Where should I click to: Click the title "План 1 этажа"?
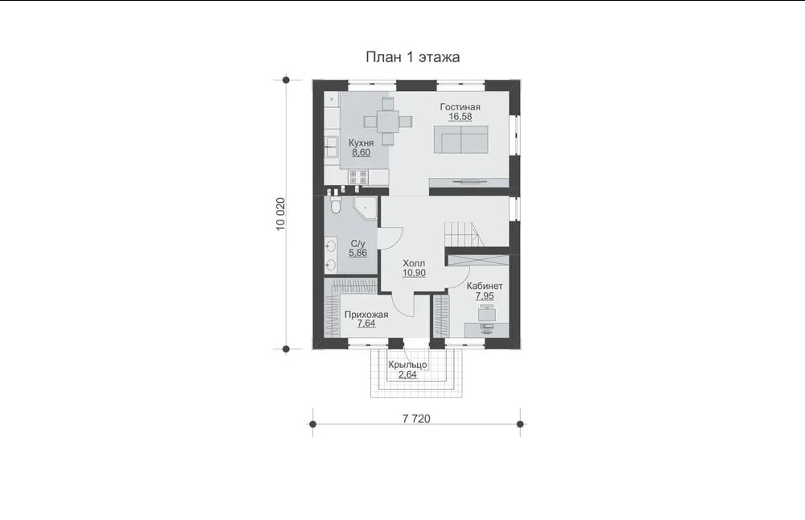pyautogui.click(x=412, y=57)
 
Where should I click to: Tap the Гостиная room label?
pyautogui.click(x=460, y=107)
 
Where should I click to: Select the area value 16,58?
pyautogui.click(x=460, y=117)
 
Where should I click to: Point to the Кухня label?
pyautogui.click(x=361, y=142)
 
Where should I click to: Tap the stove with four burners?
pyautogui.click(x=358, y=177)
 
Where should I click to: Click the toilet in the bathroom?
pyautogui.click(x=335, y=205)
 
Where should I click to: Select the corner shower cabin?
pyautogui.click(x=366, y=208)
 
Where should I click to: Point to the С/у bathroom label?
pyautogui.click(x=358, y=243)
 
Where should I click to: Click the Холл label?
pyautogui.click(x=414, y=263)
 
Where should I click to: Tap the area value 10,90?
pyautogui.click(x=414, y=273)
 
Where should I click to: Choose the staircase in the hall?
pyautogui.click(x=463, y=235)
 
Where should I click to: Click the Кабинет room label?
pyautogui.click(x=485, y=286)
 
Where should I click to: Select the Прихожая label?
pyautogui.click(x=366, y=315)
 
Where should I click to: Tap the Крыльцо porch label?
pyautogui.click(x=407, y=365)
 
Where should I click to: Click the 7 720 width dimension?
pyautogui.click(x=416, y=419)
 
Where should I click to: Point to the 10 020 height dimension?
pyautogui.click(x=280, y=213)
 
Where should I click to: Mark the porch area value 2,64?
pyautogui.click(x=407, y=375)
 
